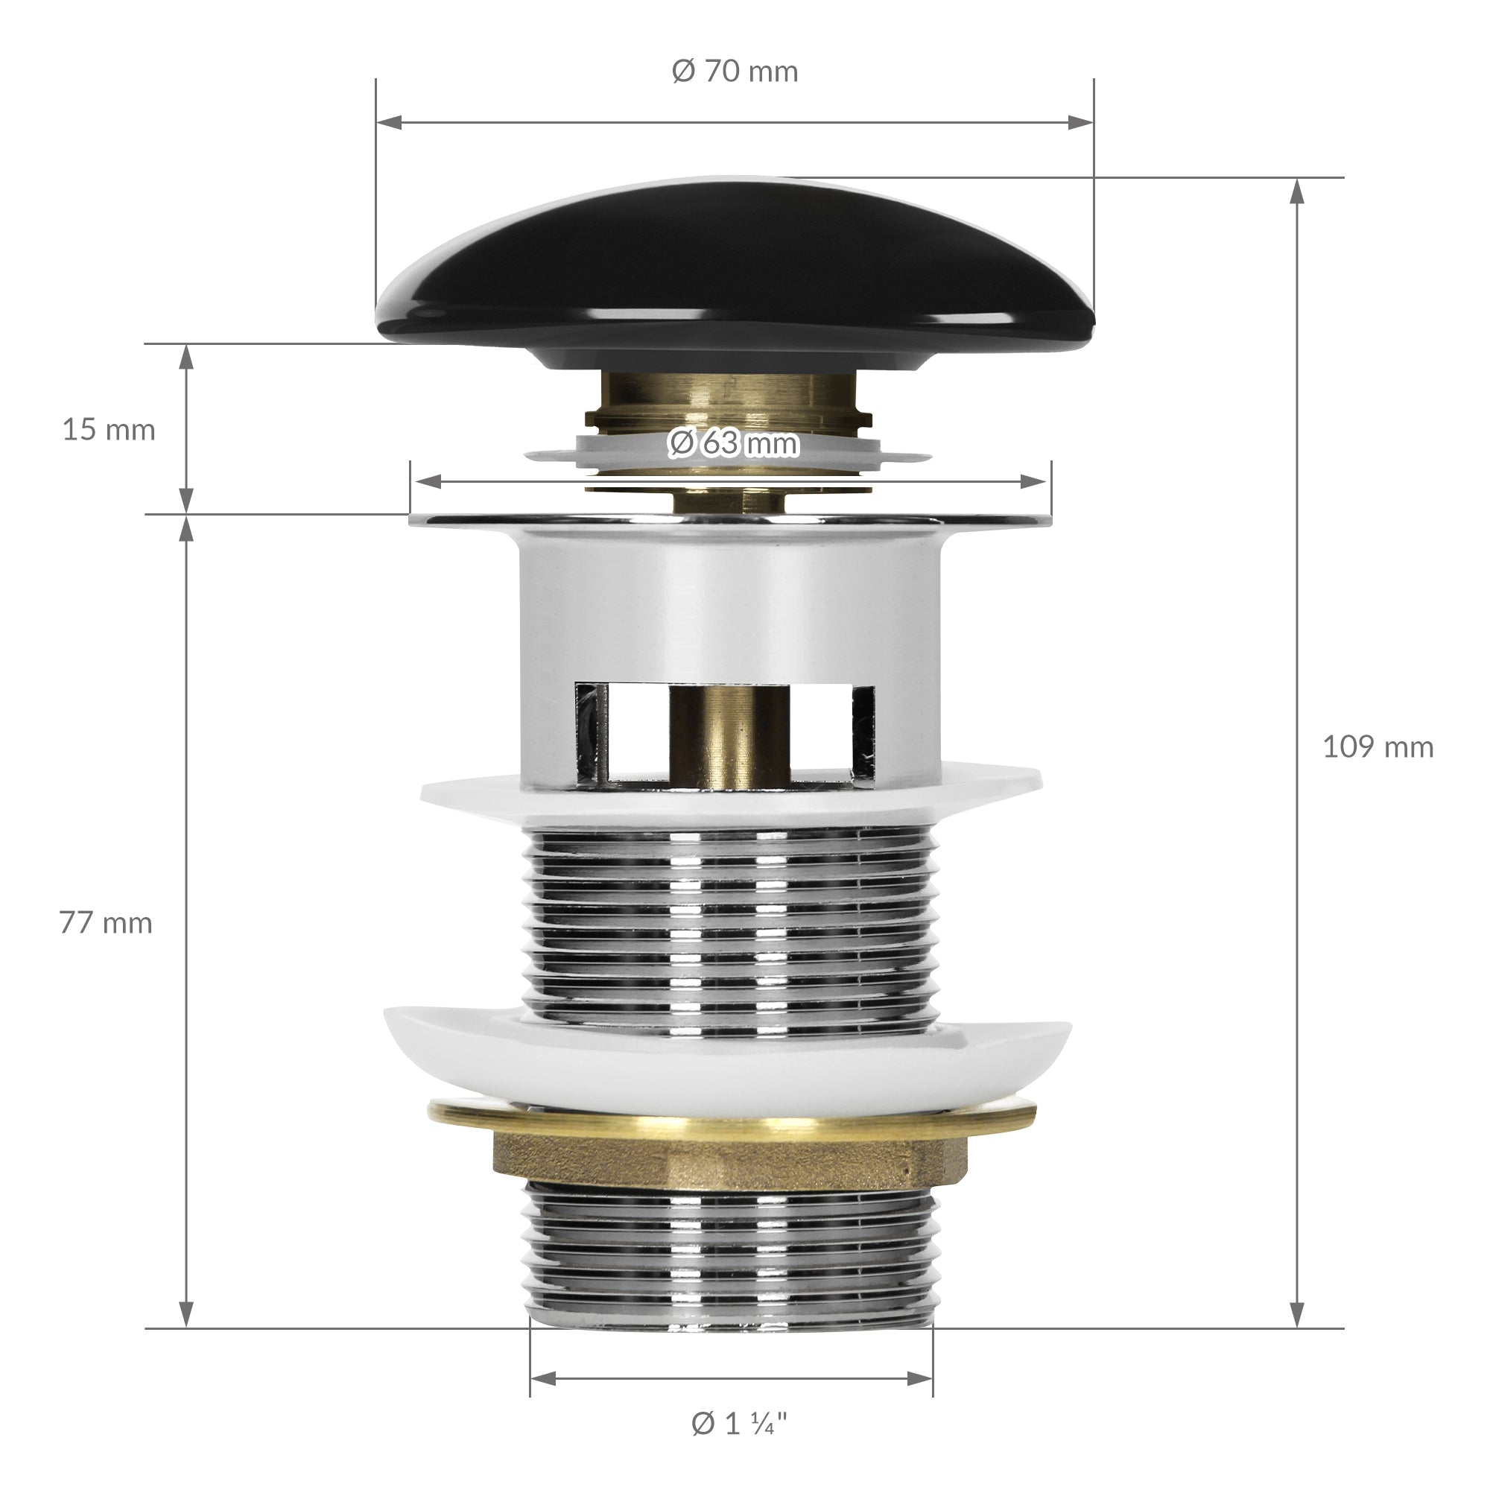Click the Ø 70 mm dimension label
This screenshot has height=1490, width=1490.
point(735,72)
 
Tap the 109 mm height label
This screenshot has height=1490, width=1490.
point(1378,746)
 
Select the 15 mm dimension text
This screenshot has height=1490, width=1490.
point(109,430)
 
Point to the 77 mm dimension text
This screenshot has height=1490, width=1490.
point(106,923)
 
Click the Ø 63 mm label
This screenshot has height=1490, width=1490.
point(733,443)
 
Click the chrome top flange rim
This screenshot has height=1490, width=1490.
point(730,521)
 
